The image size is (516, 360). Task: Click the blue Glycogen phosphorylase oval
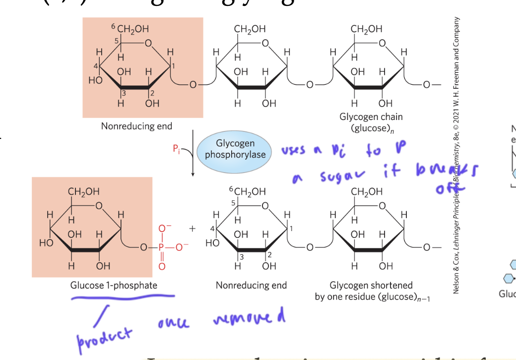pos(235,149)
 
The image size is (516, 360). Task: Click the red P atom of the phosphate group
pos(161,246)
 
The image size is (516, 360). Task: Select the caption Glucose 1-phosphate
pos(114,285)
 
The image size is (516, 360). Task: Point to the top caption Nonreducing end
pos(136,126)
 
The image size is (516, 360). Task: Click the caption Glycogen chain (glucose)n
pos(371,122)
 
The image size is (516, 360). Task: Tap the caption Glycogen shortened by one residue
pos(371,291)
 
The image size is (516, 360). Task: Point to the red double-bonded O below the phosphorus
pos(161,266)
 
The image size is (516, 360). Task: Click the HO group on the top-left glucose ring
pos(95,80)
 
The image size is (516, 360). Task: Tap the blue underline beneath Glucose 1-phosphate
pos(123,297)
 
